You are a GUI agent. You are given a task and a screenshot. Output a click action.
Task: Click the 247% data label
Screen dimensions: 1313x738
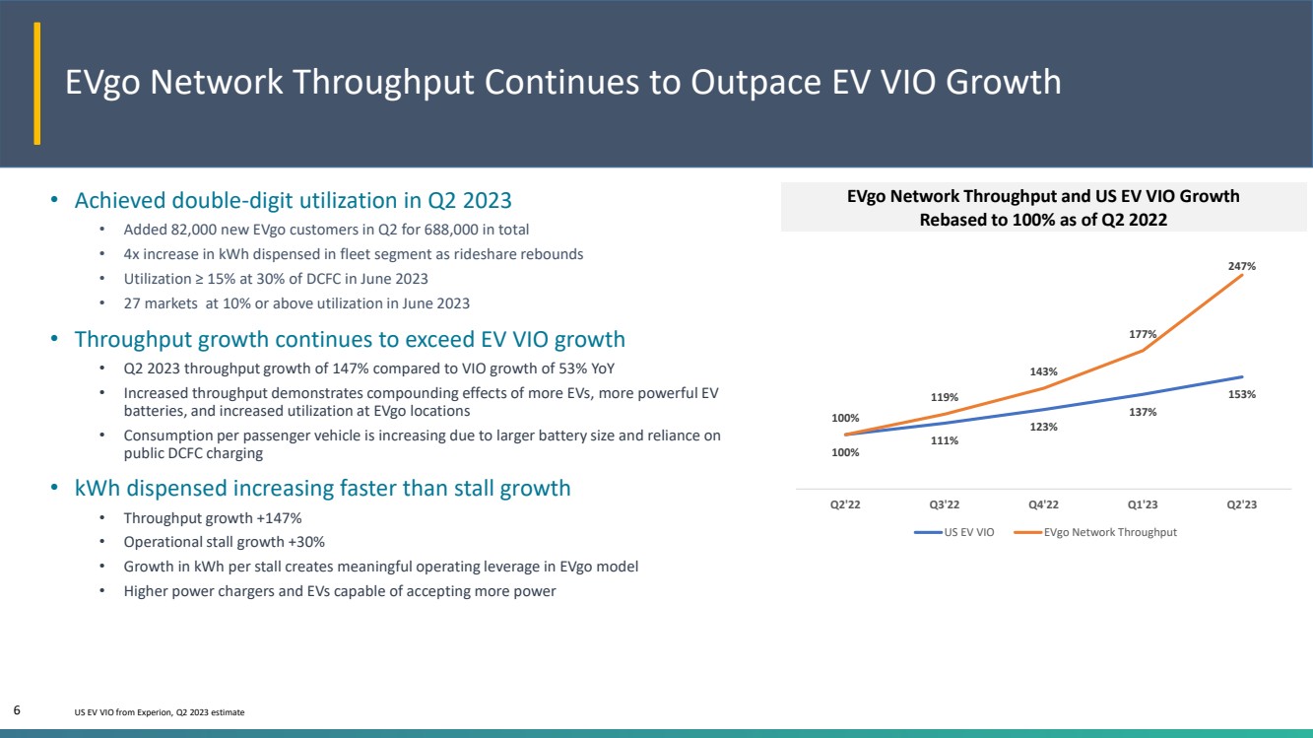click(1241, 266)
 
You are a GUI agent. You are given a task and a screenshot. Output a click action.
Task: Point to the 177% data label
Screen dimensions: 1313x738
click(1143, 334)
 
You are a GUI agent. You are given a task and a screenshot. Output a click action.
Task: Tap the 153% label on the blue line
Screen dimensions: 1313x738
click(1241, 394)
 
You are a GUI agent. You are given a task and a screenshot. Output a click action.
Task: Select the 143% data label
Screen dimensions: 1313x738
click(1043, 371)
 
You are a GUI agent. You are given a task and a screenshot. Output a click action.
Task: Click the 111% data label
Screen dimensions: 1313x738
click(945, 440)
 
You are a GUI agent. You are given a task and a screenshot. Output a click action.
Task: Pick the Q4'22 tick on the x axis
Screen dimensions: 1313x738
click(1043, 504)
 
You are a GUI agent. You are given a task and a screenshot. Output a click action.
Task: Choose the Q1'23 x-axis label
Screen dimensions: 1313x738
click(1143, 504)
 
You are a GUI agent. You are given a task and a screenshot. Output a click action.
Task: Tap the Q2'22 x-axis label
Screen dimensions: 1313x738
click(845, 504)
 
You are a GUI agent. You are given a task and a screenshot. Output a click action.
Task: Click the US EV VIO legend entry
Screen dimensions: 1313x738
click(954, 532)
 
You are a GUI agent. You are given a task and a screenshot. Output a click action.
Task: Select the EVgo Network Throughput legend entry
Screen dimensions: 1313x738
click(1095, 532)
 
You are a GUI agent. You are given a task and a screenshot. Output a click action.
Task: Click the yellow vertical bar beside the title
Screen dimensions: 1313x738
click(36, 83)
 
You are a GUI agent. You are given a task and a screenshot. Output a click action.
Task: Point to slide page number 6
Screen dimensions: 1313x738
click(17, 710)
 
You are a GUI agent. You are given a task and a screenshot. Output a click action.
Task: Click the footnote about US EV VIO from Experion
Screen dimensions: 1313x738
click(160, 712)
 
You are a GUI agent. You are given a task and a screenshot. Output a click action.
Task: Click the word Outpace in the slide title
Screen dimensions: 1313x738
click(756, 82)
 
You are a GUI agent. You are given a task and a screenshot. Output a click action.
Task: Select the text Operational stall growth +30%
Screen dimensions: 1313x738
click(224, 542)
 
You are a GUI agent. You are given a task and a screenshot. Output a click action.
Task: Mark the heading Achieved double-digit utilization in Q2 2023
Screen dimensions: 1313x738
click(294, 200)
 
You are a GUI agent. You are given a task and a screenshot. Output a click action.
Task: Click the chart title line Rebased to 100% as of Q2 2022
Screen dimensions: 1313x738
click(1043, 220)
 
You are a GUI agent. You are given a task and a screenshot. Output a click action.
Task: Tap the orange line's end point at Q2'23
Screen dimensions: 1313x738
click(1242, 275)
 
